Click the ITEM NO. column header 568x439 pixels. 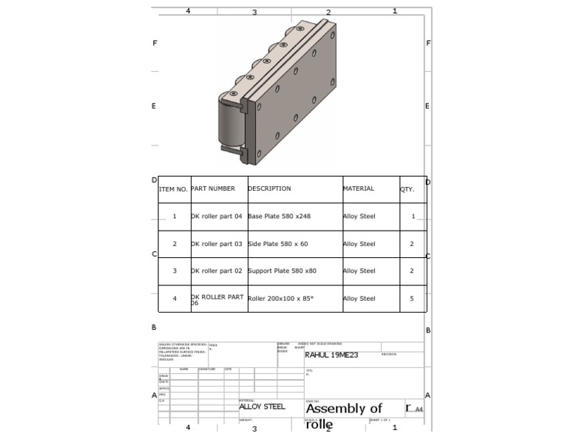click(x=173, y=189)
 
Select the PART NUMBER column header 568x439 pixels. click(x=213, y=188)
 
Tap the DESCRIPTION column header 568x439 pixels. click(x=269, y=188)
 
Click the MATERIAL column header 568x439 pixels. click(x=359, y=188)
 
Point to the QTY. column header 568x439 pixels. click(x=408, y=189)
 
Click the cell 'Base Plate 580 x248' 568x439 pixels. click(x=280, y=217)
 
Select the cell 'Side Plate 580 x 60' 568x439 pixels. click(x=278, y=244)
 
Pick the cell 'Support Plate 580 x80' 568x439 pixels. click(x=282, y=271)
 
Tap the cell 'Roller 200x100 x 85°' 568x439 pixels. click(x=280, y=299)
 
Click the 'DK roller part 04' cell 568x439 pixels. click(x=217, y=217)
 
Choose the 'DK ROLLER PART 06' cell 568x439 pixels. click(x=217, y=299)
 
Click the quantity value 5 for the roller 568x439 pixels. click(x=412, y=299)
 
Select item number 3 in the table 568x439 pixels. click(x=175, y=271)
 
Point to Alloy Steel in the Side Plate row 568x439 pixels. click(x=359, y=244)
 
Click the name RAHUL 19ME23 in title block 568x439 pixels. click(x=331, y=355)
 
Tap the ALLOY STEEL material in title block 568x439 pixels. click(x=262, y=406)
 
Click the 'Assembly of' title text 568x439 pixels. click(x=344, y=409)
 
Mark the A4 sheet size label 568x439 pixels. click(x=419, y=409)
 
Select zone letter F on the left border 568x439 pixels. click(x=155, y=43)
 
